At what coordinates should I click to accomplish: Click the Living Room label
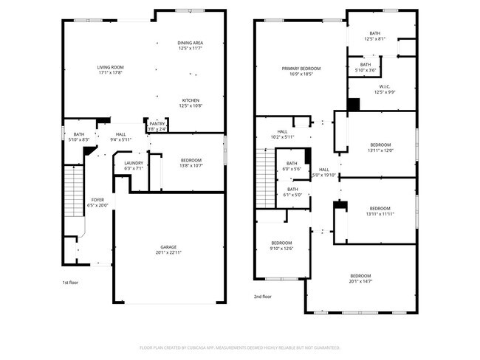coord(109,70)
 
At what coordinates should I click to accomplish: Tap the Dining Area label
coord(190,46)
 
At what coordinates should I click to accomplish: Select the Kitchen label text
coord(190,103)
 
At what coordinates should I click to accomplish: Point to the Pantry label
coord(157,127)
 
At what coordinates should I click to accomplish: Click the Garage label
coord(169,249)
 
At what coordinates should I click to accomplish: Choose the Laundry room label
coord(134,165)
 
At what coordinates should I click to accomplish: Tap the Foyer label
coord(98,203)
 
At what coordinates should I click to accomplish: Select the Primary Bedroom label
coord(297,71)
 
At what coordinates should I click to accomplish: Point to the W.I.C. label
coord(385,89)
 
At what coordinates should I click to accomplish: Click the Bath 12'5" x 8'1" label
coord(375,36)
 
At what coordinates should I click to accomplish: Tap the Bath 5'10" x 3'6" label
coord(366,67)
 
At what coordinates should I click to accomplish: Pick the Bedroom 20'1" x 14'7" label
coord(360,278)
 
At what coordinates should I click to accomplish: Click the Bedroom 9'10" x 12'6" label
coord(282,246)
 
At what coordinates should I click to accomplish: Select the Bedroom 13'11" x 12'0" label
coord(380,147)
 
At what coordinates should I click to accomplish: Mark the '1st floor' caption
coord(69,283)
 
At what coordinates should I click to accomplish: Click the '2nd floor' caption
coord(262,297)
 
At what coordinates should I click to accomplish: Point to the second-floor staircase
coord(264,177)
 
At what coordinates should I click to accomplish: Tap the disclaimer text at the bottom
coord(239,347)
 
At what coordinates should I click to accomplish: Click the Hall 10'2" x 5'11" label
coord(282,134)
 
